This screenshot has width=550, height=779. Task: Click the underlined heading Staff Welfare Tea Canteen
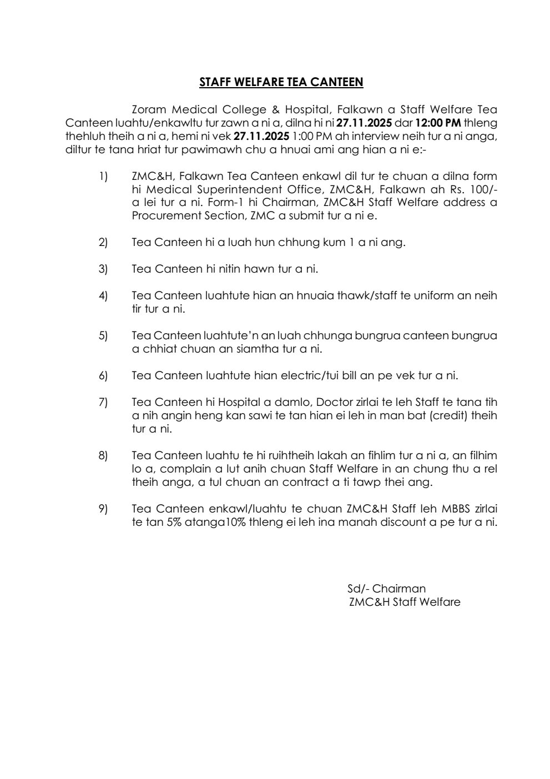(x=281, y=83)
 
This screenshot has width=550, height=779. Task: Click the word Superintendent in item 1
(x=237, y=189)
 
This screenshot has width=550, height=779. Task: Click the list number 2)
(x=103, y=243)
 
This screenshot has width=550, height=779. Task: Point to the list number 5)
(x=103, y=336)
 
